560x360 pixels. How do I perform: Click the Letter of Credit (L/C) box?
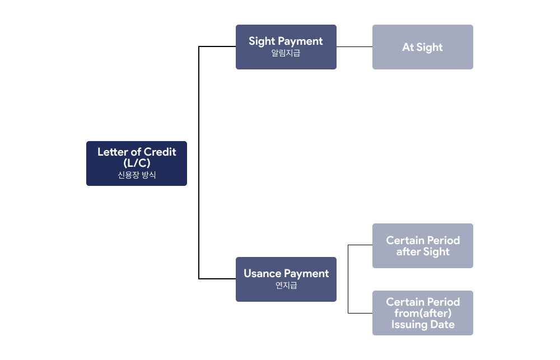[x=136, y=163]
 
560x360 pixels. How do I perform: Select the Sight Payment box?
[x=286, y=47]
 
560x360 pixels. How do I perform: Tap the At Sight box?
[x=422, y=47]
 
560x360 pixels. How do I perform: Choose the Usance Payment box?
[x=286, y=279]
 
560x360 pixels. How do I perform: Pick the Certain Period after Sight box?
[x=422, y=246]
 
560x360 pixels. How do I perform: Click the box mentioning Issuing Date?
[x=422, y=313]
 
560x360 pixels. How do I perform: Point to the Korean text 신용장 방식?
[x=137, y=175]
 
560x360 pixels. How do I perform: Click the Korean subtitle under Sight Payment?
[x=286, y=53]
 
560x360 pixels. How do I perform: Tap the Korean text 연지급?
[x=286, y=286]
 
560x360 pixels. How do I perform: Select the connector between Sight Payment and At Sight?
[x=354, y=47]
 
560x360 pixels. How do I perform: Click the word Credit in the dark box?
[x=160, y=152]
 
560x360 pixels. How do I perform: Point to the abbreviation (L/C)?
[x=137, y=163]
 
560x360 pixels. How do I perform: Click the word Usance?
[x=262, y=274]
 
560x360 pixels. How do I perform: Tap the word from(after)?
[x=423, y=313]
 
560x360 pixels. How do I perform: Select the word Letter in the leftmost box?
[x=113, y=152]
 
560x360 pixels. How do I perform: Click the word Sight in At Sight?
[x=430, y=48]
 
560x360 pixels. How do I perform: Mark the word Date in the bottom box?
[x=442, y=325]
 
